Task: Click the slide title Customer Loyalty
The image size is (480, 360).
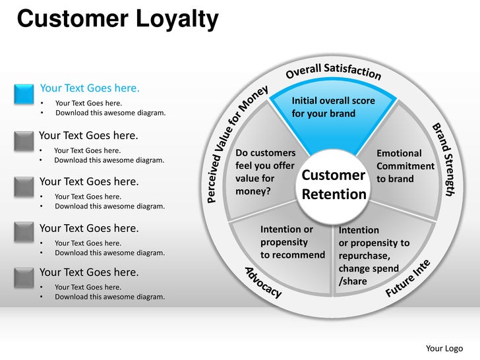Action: pyautogui.click(x=117, y=19)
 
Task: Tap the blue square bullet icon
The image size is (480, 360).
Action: pyautogui.click(x=24, y=94)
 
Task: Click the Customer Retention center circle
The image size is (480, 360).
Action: pyautogui.click(x=333, y=185)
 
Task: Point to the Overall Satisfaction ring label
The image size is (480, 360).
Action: pyautogui.click(x=333, y=71)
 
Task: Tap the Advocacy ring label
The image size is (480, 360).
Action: pyautogui.click(x=264, y=282)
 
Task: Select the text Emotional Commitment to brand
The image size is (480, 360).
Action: pyautogui.click(x=405, y=166)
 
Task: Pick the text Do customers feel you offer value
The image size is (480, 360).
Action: pyautogui.click(x=265, y=172)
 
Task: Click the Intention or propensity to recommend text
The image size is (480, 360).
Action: pyautogui.click(x=292, y=242)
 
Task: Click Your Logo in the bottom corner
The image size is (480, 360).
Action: pyautogui.click(x=444, y=348)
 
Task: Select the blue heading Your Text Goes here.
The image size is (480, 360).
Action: pyautogui.click(x=90, y=88)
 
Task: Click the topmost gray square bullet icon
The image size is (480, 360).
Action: pyautogui.click(x=24, y=140)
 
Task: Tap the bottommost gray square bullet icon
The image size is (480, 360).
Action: pyautogui.click(x=24, y=277)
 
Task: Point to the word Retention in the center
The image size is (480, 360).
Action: pyautogui.click(x=334, y=195)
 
